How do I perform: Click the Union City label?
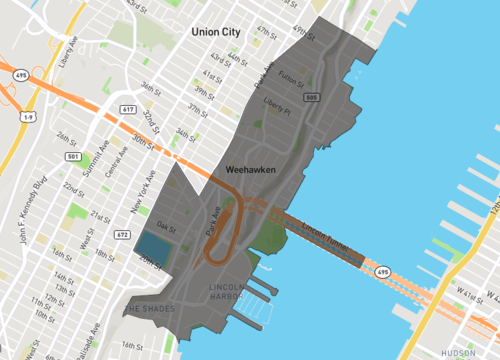pyautogui.click(x=216, y=32)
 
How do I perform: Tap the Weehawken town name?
pyautogui.click(x=251, y=171)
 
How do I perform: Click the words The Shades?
pyautogui.click(x=151, y=308)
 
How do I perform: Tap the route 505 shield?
pyautogui.click(x=312, y=97)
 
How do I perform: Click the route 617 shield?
pyautogui.click(x=128, y=108)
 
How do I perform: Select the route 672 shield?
pyautogui.click(x=122, y=234)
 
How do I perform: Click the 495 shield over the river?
pyautogui.click(x=382, y=269)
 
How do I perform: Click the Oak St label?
pyautogui.click(x=166, y=226)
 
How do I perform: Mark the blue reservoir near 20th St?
pyautogui.click(x=151, y=246)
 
